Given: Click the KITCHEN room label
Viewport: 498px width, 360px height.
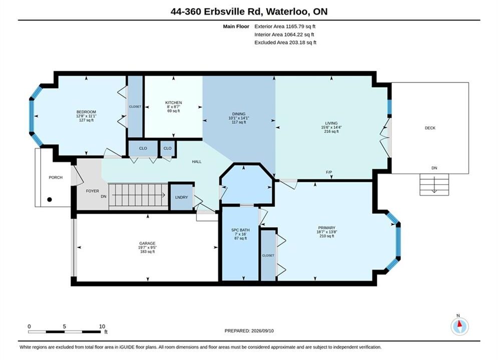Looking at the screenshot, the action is click(x=173, y=102).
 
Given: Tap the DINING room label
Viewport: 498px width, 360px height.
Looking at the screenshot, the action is click(x=239, y=114).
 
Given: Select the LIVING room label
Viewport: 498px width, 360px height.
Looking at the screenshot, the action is click(x=331, y=123).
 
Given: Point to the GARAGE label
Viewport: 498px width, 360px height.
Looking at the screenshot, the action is click(x=147, y=243).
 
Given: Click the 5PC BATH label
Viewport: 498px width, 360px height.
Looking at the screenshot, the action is click(x=240, y=230).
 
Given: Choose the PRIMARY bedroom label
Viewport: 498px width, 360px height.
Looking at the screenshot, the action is click(x=326, y=227).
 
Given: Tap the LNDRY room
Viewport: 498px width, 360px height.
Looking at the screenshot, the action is click(x=181, y=197).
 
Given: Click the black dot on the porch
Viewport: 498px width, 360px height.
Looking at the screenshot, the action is click(x=50, y=199).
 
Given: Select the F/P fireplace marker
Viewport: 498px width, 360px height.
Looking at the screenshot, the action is click(x=329, y=172).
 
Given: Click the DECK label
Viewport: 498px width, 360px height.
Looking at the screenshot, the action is click(x=430, y=128).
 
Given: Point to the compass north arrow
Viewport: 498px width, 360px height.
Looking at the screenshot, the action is click(x=459, y=324).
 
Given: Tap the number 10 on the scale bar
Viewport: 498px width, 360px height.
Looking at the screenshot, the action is click(x=102, y=326).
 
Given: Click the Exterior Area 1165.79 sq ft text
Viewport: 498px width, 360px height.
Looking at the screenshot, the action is click(x=285, y=26).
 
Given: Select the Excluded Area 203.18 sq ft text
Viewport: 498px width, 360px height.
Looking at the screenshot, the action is click(x=285, y=42).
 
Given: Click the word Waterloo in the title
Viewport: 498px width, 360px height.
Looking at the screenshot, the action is click(x=287, y=11).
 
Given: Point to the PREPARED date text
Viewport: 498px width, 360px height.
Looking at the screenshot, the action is click(x=249, y=330).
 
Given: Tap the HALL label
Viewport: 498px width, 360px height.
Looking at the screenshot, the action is click(x=197, y=161).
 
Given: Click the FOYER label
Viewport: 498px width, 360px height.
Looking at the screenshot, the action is click(x=93, y=191).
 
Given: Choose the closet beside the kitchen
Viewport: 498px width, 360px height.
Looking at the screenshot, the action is click(x=135, y=106).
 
